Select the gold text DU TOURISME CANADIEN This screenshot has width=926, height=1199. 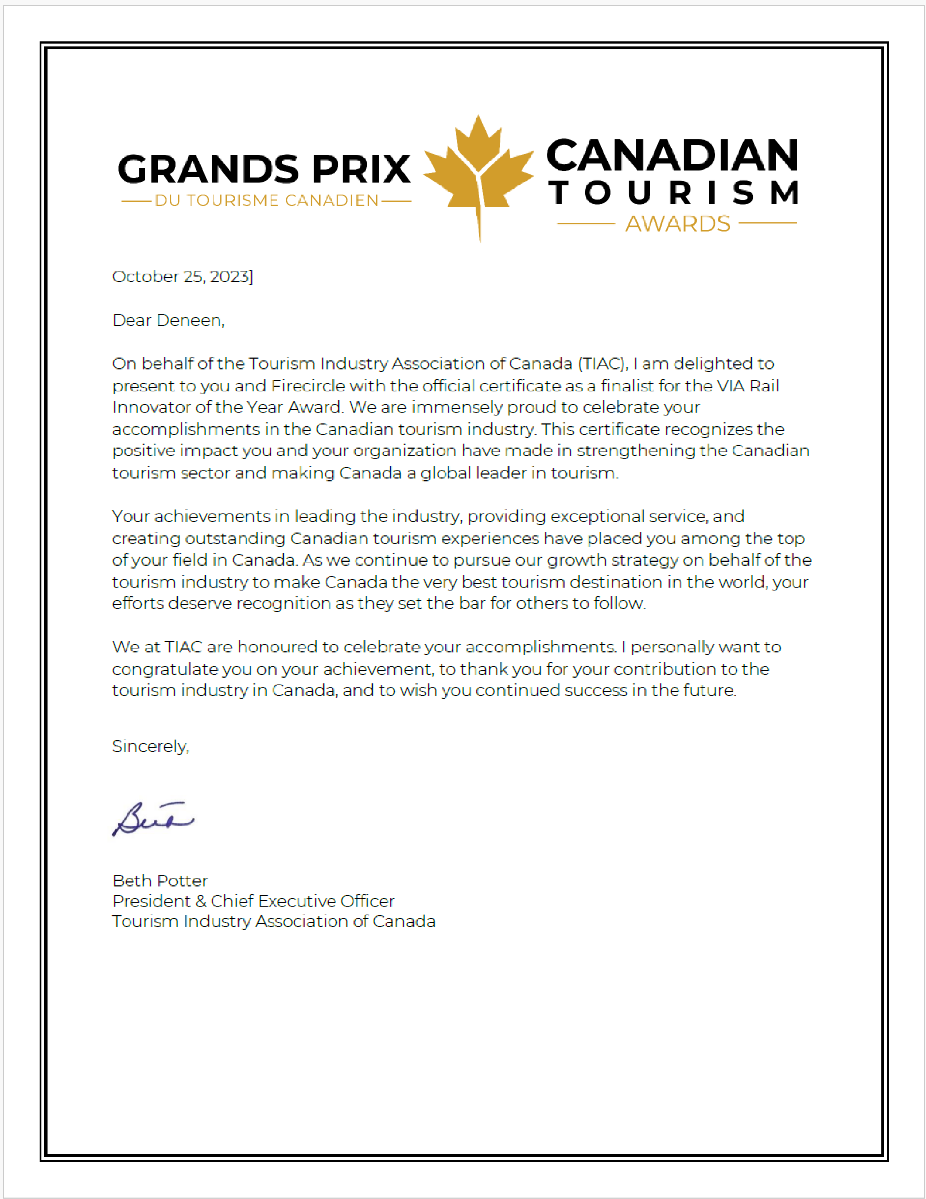266,201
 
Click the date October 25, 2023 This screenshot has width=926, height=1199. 182,277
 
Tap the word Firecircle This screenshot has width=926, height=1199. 308,386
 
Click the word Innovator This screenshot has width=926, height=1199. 143,407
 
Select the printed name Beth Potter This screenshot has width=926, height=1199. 160,881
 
